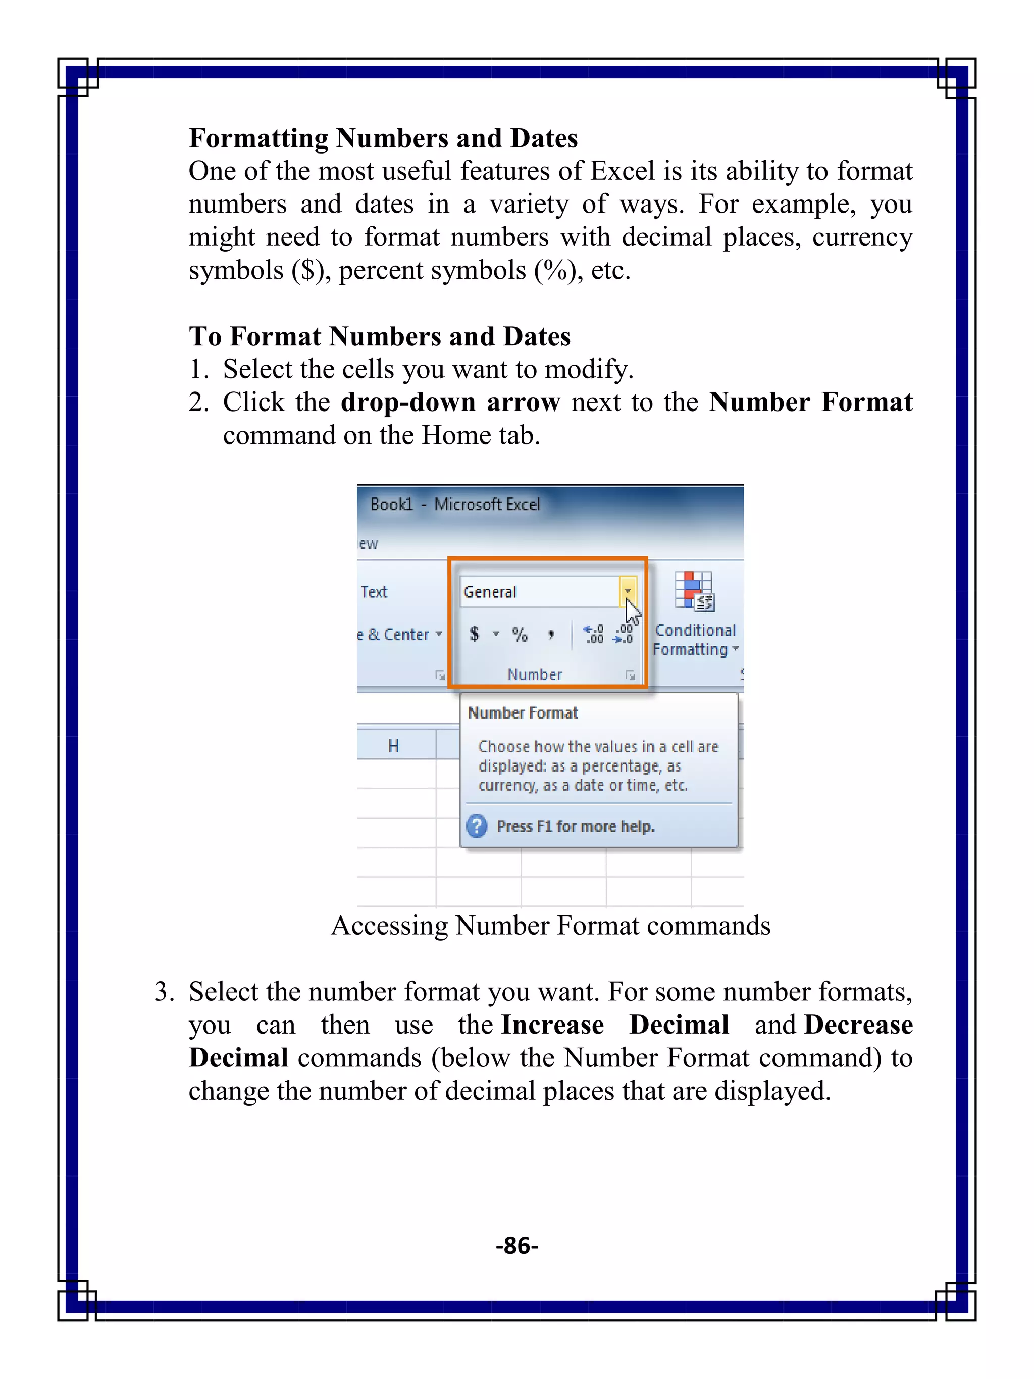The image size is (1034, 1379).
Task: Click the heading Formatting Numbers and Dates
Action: (383, 138)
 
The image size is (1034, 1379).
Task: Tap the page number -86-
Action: (516, 1245)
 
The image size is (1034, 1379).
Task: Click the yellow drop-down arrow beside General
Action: (628, 590)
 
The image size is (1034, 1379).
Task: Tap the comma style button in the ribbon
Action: (551, 634)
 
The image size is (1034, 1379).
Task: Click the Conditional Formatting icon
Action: (694, 591)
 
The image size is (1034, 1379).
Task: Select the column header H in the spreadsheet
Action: (393, 746)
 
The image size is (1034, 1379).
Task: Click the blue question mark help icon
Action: (477, 826)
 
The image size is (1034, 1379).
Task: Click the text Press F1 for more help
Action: (575, 826)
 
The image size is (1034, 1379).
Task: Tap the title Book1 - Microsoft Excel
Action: (455, 504)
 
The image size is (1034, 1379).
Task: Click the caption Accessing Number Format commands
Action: (550, 925)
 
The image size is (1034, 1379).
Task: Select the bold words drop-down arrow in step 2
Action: (450, 402)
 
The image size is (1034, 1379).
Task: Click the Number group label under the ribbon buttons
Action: (534, 674)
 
